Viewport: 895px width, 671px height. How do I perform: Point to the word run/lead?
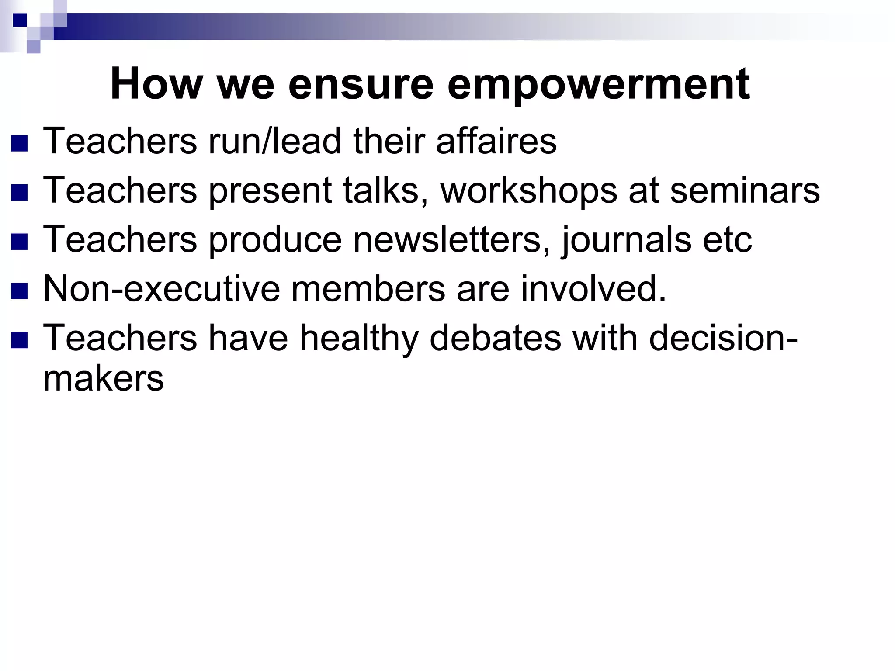coord(275,141)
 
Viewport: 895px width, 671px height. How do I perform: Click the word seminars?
coord(745,191)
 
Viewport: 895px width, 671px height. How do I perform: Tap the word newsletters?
coord(451,239)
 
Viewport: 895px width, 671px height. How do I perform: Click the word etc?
coord(727,239)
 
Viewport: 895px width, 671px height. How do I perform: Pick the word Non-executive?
coord(162,288)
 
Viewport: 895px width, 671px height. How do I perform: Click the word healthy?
coord(359,339)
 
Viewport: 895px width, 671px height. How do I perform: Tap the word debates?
coord(495,338)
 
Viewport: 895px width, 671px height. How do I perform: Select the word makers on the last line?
coord(104,378)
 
